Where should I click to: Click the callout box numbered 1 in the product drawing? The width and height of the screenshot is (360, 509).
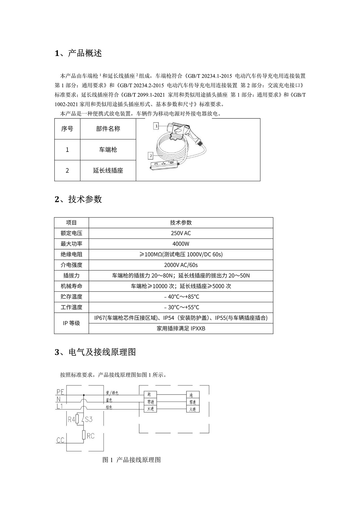pyautogui.click(x=157, y=126)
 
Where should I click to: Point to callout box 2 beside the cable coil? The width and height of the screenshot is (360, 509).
pyautogui.click(x=151, y=156)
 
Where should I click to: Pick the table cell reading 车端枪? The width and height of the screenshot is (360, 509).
pyautogui.click(x=108, y=150)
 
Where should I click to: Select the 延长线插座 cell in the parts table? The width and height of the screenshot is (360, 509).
pyautogui.click(x=108, y=170)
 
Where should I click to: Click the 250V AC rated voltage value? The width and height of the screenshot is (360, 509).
pyautogui.click(x=181, y=233)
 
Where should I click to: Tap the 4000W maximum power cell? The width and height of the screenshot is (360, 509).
pyautogui.click(x=181, y=244)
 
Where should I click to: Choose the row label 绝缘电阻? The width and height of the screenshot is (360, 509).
pyautogui.click(x=71, y=254)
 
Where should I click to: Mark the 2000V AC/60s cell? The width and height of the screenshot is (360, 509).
pyautogui.click(x=181, y=265)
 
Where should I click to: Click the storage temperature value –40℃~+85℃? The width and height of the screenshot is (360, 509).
pyautogui.click(x=181, y=297)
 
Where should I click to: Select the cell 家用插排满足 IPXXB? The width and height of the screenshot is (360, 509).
pyautogui.click(x=181, y=328)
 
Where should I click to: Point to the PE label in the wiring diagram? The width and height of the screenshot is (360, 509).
pyautogui.click(x=60, y=392)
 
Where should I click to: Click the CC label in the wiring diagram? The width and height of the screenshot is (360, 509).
pyautogui.click(x=60, y=440)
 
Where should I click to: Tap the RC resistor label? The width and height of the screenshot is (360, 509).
pyautogui.click(x=91, y=436)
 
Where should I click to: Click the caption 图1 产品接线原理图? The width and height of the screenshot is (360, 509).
pyautogui.click(x=132, y=460)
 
